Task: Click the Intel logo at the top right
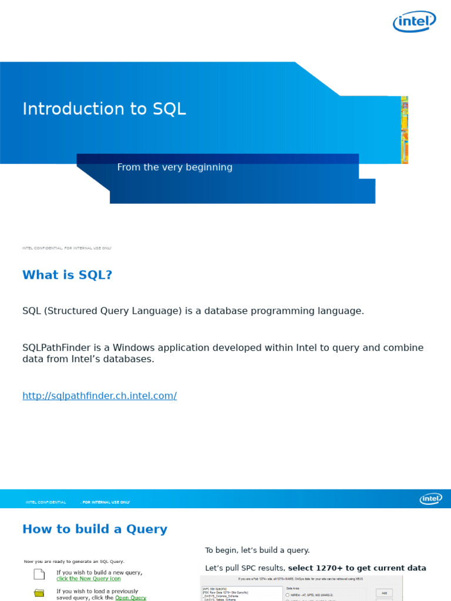coord(414,22)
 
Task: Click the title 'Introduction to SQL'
coord(104,109)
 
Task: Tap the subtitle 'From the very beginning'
coord(174,167)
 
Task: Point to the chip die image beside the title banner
coord(404,130)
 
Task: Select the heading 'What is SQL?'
coord(67,275)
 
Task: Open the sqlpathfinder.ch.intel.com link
coord(99,396)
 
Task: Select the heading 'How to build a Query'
coord(95,529)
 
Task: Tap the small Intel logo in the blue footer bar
coord(430,499)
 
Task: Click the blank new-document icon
coord(39,574)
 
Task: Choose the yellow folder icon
coord(39,593)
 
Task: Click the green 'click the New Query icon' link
coord(89,579)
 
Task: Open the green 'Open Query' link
coord(130,597)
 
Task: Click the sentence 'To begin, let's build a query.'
coord(257,551)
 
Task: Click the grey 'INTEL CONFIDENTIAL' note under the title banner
coord(66,248)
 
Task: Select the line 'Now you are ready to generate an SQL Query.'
coord(74,562)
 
